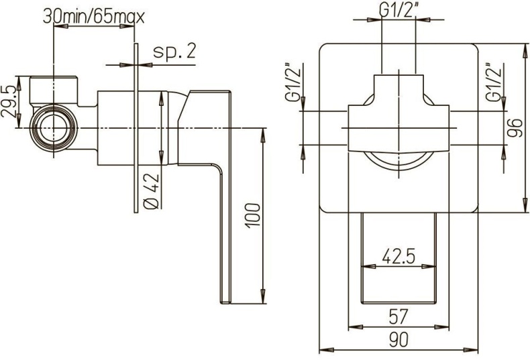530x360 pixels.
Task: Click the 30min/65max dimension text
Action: [x=94, y=15]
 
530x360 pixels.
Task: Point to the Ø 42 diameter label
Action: [x=151, y=191]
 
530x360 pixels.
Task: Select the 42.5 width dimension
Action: [x=397, y=255]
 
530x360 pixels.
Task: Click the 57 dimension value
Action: [x=397, y=315]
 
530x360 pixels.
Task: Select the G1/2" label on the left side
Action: [x=292, y=83]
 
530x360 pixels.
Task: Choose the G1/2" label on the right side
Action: [x=494, y=83]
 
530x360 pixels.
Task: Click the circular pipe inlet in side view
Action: [x=53, y=127]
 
